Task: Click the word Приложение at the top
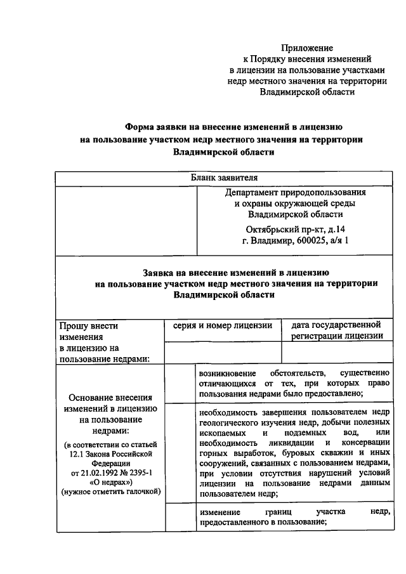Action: click(x=307, y=48)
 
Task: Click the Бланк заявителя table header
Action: click(x=225, y=178)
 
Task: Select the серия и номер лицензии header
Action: click(x=222, y=325)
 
